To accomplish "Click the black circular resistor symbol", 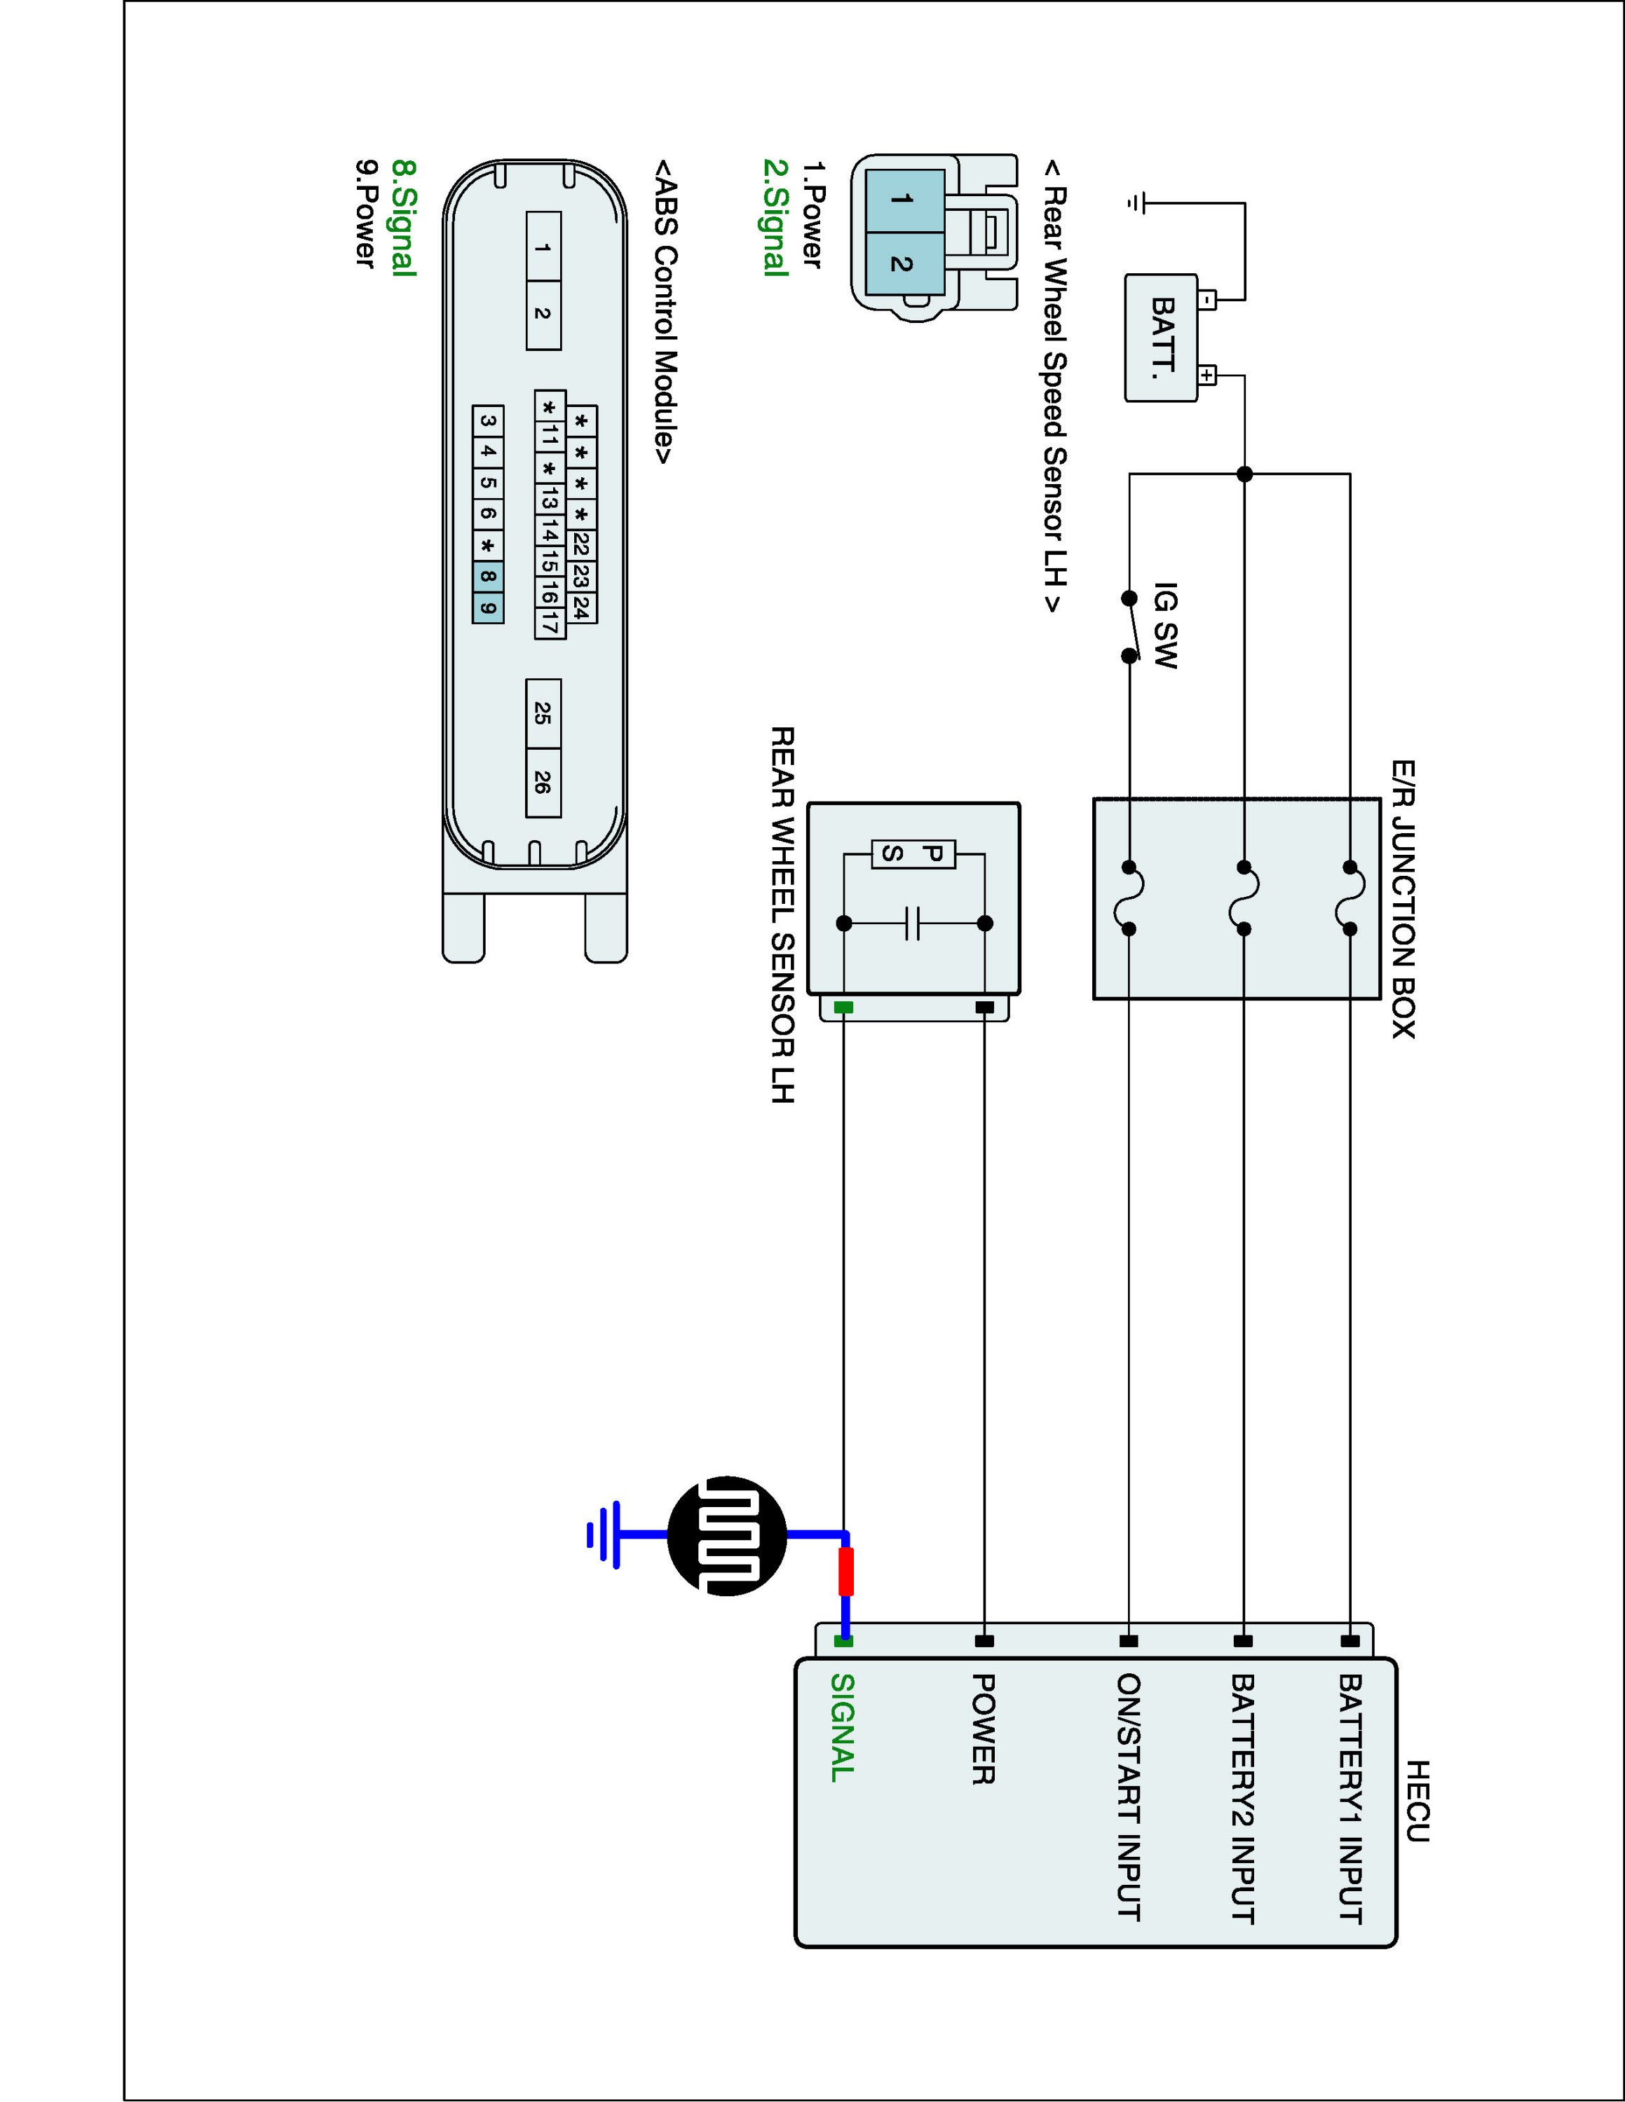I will pyautogui.click(x=727, y=1536).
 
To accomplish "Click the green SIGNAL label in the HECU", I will pyautogui.click(x=843, y=1729).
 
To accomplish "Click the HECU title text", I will pyautogui.click(x=1417, y=1801).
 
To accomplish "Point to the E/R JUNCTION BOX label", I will pyautogui.click(x=1403, y=899).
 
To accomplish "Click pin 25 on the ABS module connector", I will pyautogui.click(x=543, y=713).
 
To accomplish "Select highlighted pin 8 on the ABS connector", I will pyautogui.click(x=488, y=577).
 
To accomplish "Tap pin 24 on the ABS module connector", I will pyautogui.click(x=580, y=607).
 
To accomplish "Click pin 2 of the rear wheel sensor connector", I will pyautogui.click(x=901, y=263).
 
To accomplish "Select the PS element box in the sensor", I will pyautogui.click(x=913, y=853).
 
